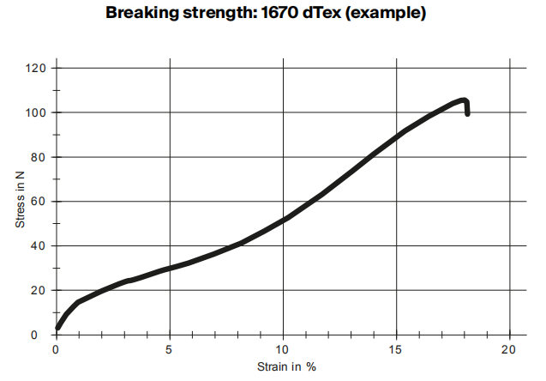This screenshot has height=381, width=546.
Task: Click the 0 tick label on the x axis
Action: (57, 349)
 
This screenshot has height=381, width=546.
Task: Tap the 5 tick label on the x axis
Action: (170, 349)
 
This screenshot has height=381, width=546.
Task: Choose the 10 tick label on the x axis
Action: (283, 349)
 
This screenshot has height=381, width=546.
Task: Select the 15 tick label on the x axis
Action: (396, 349)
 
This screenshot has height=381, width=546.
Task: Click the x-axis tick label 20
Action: (509, 349)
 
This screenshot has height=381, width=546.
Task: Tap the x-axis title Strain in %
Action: (286, 367)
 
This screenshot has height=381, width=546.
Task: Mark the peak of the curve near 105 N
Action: (463, 100)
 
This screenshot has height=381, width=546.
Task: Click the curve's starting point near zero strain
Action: (57, 327)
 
